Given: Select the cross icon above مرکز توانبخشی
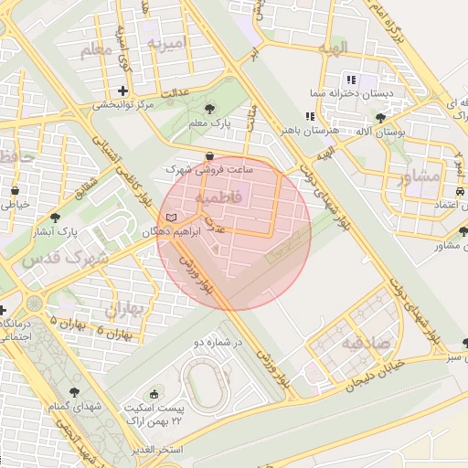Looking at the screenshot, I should [122, 90].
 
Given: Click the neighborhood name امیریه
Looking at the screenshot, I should [166, 43].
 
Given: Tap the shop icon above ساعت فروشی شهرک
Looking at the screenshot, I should [211, 155].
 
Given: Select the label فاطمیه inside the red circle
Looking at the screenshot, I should [219, 197].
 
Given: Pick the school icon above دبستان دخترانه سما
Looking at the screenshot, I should [352, 80].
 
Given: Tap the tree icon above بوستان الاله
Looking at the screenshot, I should [381, 117].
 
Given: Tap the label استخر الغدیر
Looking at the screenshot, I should [157, 450].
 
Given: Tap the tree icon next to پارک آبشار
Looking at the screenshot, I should [56, 218].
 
